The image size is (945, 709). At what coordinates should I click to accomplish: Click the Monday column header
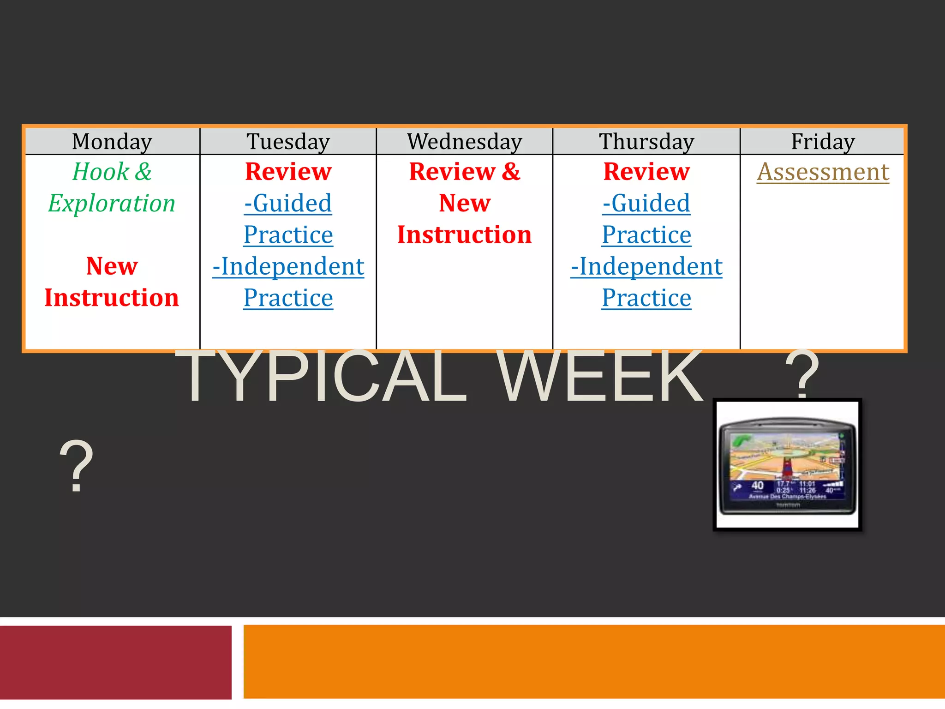coord(112,141)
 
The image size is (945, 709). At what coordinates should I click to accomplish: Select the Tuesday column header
coord(288,141)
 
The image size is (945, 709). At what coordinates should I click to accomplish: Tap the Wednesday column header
coord(465,141)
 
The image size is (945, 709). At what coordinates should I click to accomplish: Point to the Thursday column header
coord(646,141)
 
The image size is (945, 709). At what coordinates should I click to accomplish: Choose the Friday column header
coord(823,141)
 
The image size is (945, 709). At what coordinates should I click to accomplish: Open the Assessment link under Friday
coord(823,172)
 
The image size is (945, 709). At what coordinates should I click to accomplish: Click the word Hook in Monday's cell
coord(101,172)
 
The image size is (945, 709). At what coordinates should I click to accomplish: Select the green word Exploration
coord(112,203)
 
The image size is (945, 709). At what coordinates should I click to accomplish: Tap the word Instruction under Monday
coord(112,298)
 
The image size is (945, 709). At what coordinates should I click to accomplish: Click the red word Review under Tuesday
coord(288,172)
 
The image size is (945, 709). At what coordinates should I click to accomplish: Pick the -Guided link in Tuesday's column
coord(288,203)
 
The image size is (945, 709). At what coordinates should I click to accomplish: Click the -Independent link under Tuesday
coord(288,266)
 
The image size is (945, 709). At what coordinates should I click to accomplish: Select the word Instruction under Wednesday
coord(465,234)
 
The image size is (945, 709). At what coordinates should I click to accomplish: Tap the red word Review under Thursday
coord(646,172)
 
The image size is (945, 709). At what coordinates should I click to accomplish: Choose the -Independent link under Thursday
coord(646,266)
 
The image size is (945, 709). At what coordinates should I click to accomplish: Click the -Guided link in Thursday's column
coord(646,203)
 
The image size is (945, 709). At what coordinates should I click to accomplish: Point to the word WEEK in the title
coord(600,376)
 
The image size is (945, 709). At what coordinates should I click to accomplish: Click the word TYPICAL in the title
coord(321,376)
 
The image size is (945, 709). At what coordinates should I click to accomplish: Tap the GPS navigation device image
coord(787,464)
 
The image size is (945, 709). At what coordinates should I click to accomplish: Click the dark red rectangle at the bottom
coord(115,662)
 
